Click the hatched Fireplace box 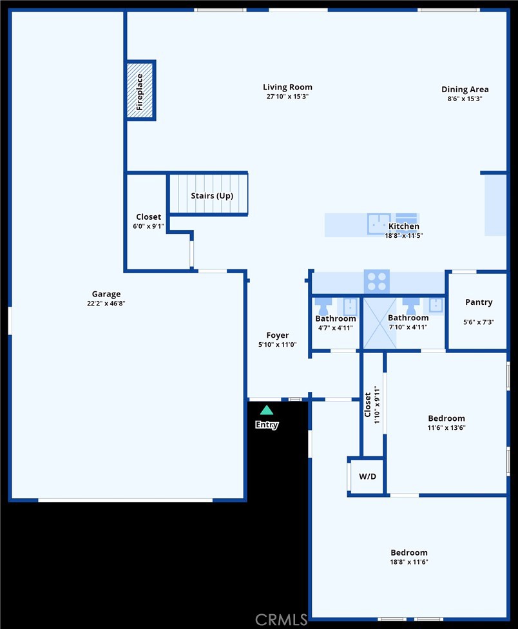click(140, 91)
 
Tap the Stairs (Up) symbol click(208, 193)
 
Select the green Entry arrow click(267, 410)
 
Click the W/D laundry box click(367, 477)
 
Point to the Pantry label click(479, 302)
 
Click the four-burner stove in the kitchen click(377, 282)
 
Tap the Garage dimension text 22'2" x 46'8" click(106, 304)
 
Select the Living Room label click(287, 87)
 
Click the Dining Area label click(465, 90)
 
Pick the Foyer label click(278, 335)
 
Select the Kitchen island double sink click(379, 223)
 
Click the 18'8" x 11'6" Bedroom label click(409, 552)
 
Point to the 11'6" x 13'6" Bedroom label click(446, 418)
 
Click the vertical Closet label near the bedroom click(368, 405)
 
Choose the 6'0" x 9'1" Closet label click(149, 217)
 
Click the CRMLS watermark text click(281, 620)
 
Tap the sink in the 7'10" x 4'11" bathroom click(436, 304)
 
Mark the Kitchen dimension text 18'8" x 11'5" click(404, 236)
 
